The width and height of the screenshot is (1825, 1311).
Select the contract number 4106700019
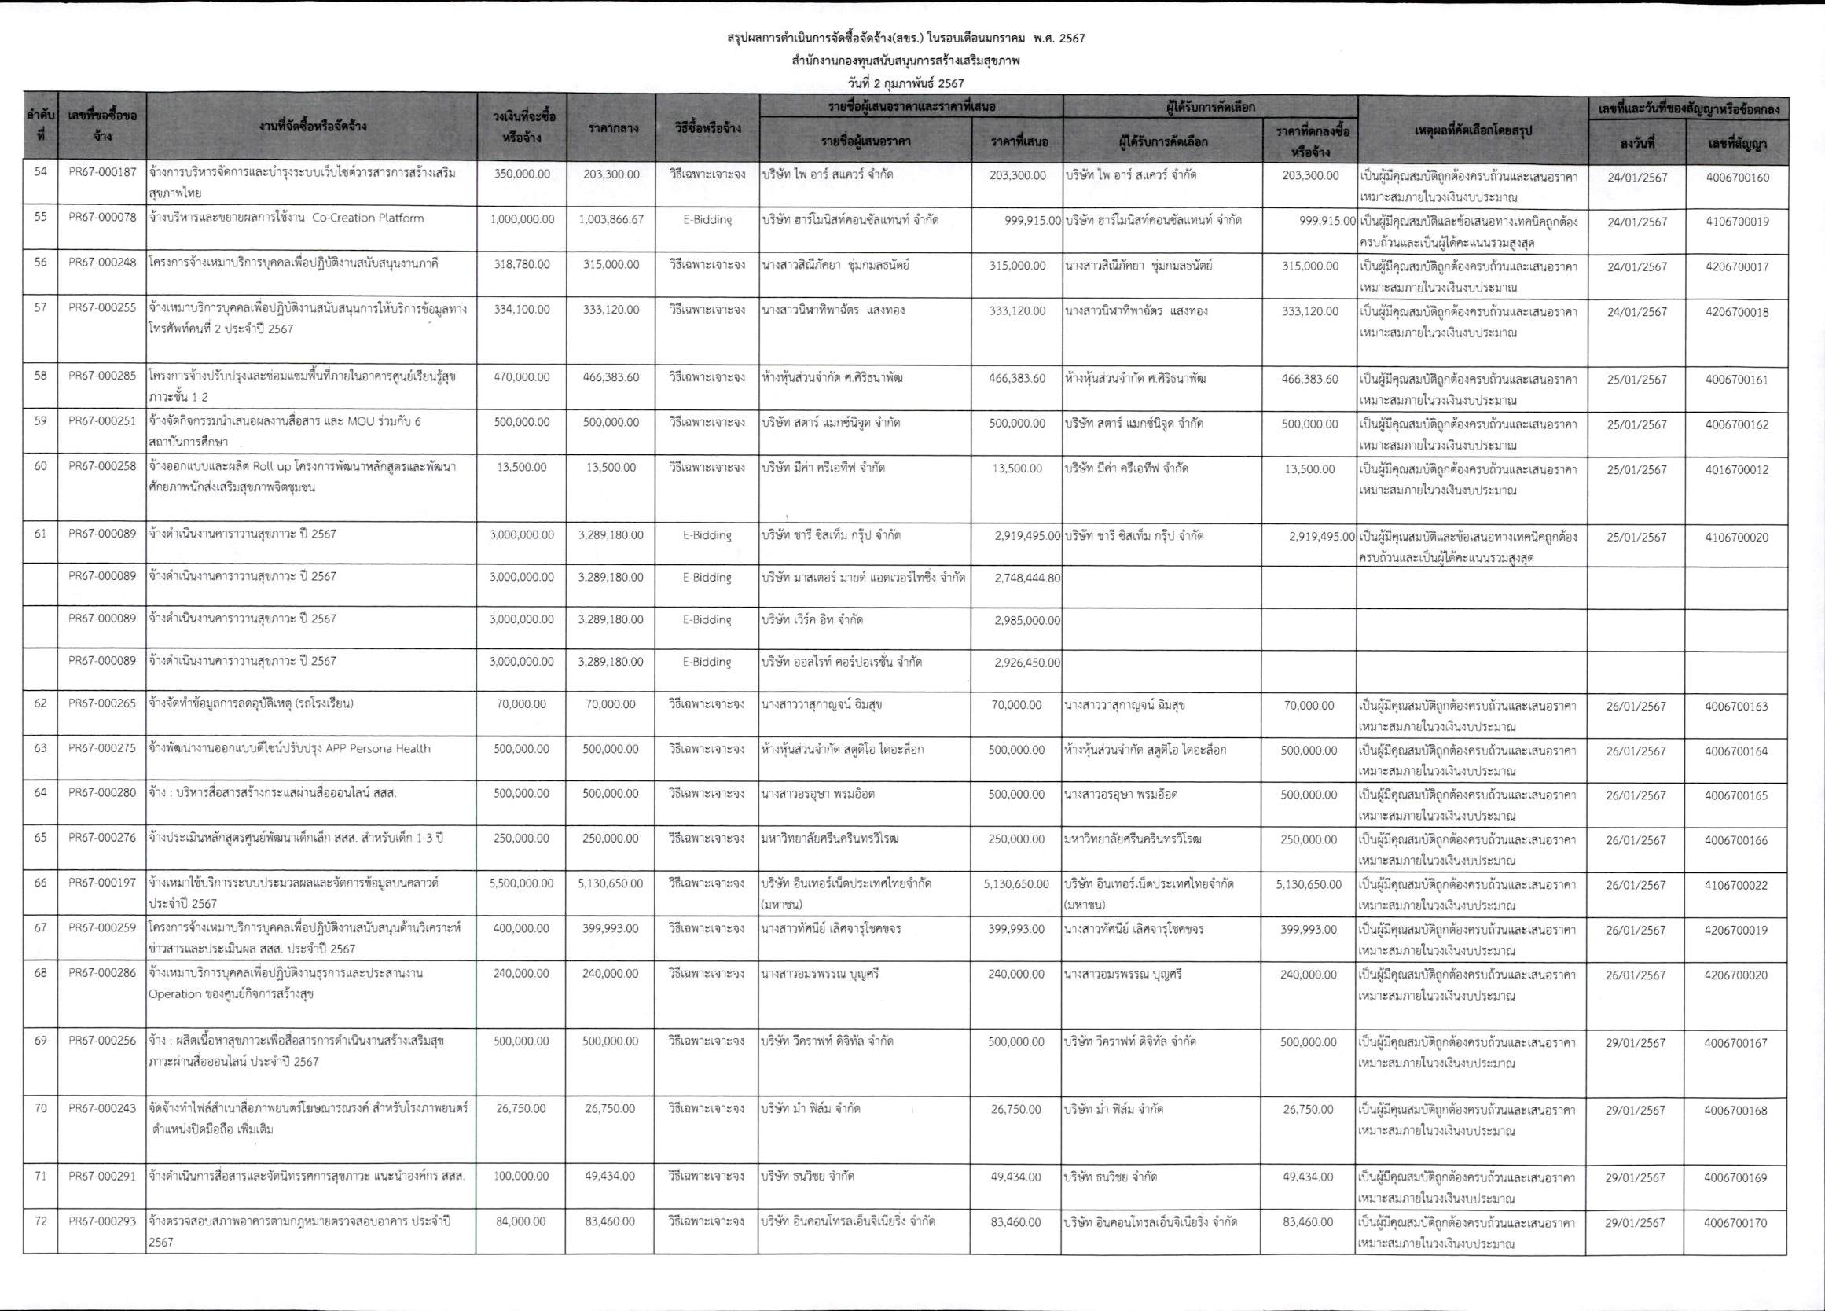1736,222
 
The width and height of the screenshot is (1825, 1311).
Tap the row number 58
40,376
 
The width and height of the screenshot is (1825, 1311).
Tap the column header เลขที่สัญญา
1736,145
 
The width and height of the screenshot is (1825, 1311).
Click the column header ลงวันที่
1636,145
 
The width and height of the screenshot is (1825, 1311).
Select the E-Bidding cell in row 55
706,220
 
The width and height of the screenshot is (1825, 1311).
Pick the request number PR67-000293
102,1221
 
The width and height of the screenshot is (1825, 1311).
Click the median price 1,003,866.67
611,220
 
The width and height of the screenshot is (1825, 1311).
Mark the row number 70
40,1108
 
